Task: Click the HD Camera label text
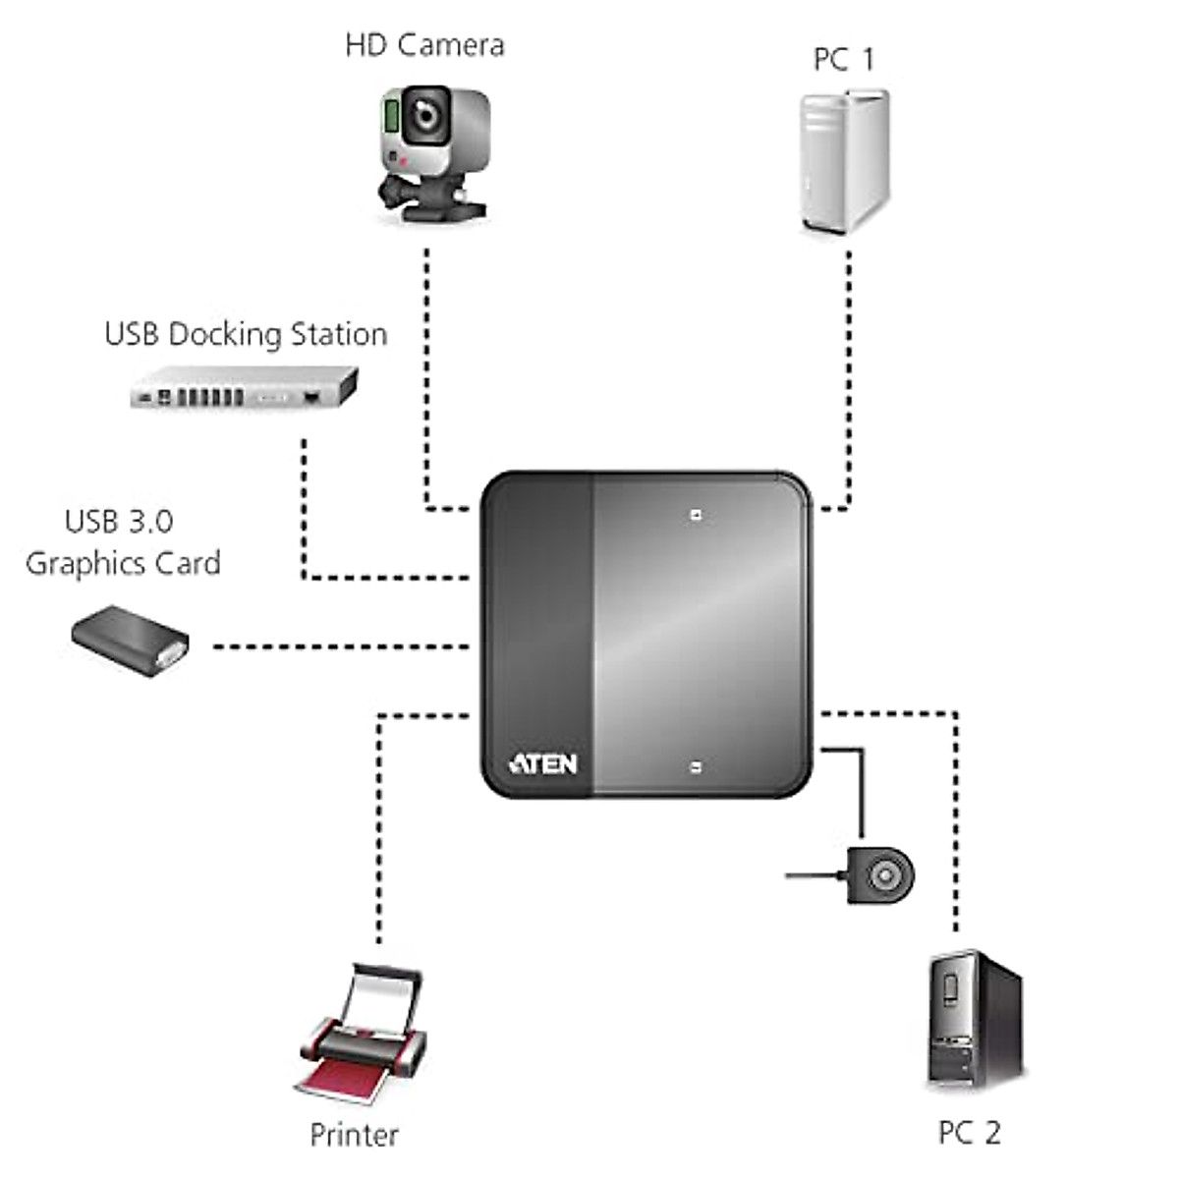424,45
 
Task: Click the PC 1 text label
843,60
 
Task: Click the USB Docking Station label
246,334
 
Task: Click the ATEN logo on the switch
542,763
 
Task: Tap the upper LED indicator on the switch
696,514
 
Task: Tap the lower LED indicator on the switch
696,767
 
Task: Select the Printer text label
354,1135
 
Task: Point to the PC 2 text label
969,1132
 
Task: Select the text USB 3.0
119,521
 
